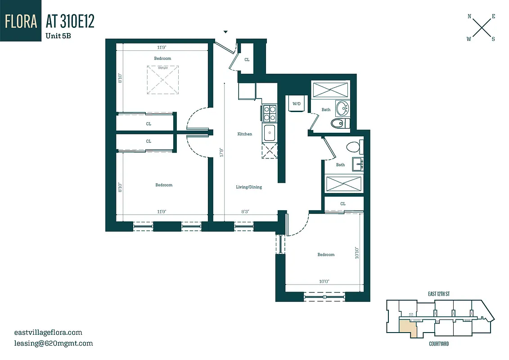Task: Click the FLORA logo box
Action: [20, 21]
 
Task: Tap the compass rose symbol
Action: [481, 28]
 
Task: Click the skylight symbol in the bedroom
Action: [162, 80]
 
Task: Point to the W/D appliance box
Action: [297, 104]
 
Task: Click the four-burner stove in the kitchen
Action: [270, 113]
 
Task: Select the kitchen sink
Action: [270, 133]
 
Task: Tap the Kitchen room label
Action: [245, 134]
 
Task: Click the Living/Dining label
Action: [249, 187]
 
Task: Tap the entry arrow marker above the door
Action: [226, 32]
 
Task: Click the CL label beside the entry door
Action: [247, 59]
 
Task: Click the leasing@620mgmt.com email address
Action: [54, 343]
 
